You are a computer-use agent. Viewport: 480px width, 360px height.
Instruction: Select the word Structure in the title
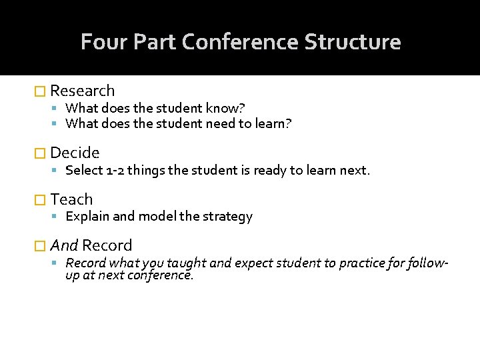(x=353, y=42)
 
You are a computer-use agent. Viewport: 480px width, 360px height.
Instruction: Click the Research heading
(x=82, y=91)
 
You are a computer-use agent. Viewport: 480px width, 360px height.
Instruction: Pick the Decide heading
(x=75, y=153)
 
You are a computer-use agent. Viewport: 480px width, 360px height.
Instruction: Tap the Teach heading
(x=71, y=199)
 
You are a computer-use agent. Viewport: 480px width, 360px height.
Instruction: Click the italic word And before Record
(x=64, y=245)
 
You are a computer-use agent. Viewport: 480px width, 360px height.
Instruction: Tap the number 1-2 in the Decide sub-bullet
(x=115, y=170)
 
